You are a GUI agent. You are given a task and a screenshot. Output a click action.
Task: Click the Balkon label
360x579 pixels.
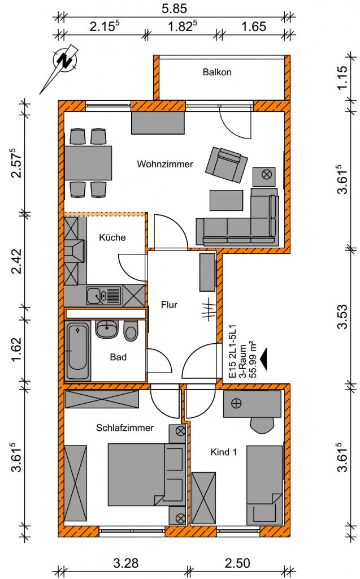[217, 72]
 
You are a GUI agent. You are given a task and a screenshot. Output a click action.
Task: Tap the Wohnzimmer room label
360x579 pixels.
[165, 165]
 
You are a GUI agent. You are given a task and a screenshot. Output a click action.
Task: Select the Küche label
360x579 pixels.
[112, 237]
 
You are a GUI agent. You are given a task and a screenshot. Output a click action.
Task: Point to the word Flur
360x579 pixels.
[169, 305]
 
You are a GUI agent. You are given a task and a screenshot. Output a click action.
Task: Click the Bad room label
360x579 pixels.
[118, 357]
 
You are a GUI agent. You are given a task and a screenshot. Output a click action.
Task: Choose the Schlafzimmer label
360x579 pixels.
[125, 428]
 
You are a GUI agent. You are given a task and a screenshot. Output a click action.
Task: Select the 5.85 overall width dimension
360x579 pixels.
[174, 9]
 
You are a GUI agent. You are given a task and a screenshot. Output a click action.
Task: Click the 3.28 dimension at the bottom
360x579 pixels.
[125, 563]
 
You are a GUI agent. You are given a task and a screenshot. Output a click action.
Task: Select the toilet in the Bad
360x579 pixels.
[131, 331]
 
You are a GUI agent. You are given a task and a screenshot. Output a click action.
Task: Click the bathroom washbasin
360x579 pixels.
[106, 329]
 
